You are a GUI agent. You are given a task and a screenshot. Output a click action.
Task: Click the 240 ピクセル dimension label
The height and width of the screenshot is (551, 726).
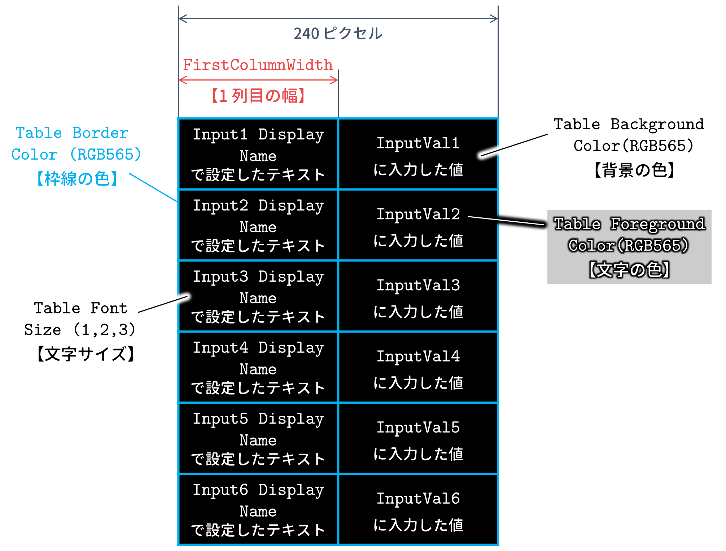pos(338,34)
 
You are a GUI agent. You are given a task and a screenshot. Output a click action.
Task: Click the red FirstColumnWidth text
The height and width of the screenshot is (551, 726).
pos(258,65)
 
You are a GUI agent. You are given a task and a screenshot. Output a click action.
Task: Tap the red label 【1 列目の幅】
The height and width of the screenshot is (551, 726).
pos(258,96)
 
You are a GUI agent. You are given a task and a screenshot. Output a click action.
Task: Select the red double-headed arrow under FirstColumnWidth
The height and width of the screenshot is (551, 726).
pos(258,80)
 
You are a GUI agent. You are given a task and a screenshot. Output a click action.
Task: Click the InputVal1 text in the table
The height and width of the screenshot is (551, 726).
pos(418,143)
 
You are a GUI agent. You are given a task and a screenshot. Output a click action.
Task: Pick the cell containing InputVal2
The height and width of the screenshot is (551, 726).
pos(418,225)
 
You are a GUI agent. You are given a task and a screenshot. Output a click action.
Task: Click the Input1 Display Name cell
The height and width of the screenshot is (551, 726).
pos(258,154)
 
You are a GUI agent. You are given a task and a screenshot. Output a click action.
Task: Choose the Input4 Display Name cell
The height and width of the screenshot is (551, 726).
pos(258,367)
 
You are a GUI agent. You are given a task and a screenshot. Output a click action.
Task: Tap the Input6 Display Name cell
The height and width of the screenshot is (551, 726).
pos(258,509)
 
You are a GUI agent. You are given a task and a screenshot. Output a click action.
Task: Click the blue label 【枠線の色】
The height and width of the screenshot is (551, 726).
pos(77,178)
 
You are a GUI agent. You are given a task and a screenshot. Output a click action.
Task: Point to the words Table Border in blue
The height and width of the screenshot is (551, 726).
pos(72,133)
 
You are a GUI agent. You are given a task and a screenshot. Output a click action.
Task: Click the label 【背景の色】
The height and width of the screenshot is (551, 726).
pos(634,170)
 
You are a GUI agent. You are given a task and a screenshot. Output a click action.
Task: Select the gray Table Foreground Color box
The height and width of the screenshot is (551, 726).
pos(629,247)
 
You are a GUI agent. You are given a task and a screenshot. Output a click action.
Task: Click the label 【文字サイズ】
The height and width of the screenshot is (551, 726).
pos(86,354)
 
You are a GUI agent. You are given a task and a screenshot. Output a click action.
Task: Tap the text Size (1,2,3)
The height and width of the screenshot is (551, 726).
pos(80,330)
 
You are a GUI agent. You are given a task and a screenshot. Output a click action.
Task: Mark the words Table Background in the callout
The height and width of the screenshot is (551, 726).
pos(629,124)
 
